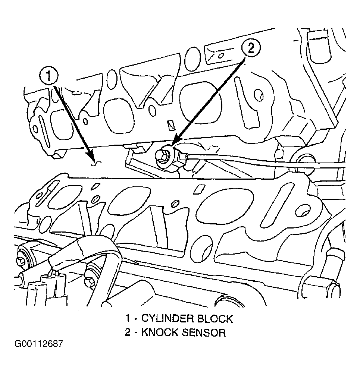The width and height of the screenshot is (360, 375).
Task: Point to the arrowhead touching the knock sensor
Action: point(174,146)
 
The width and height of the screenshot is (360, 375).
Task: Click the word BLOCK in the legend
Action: point(215,319)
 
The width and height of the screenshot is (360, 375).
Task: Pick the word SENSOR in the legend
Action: point(203,333)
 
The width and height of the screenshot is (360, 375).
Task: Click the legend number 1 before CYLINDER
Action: point(128,319)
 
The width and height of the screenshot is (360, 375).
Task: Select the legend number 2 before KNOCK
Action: point(128,333)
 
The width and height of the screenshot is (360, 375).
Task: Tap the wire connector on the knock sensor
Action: point(184,158)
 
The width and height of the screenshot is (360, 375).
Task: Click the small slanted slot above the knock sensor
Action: point(170,125)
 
